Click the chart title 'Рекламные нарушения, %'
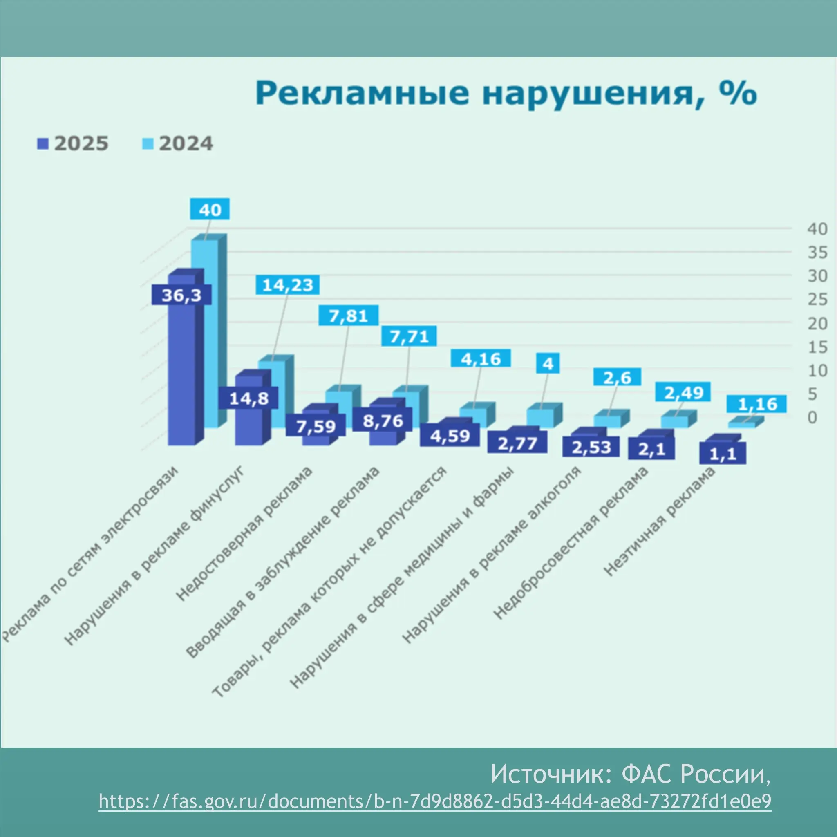coord(506,93)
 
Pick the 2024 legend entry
coord(178,144)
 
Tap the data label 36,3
coord(181,295)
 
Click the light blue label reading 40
coord(210,210)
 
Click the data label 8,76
coord(383,421)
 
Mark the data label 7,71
coord(409,336)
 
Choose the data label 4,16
coord(481,359)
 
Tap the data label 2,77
coord(517,443)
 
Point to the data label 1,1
coord(723,454)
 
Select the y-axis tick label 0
coord(812,417)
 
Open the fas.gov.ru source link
coord(435,801)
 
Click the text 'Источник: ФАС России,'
coord(630,774)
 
